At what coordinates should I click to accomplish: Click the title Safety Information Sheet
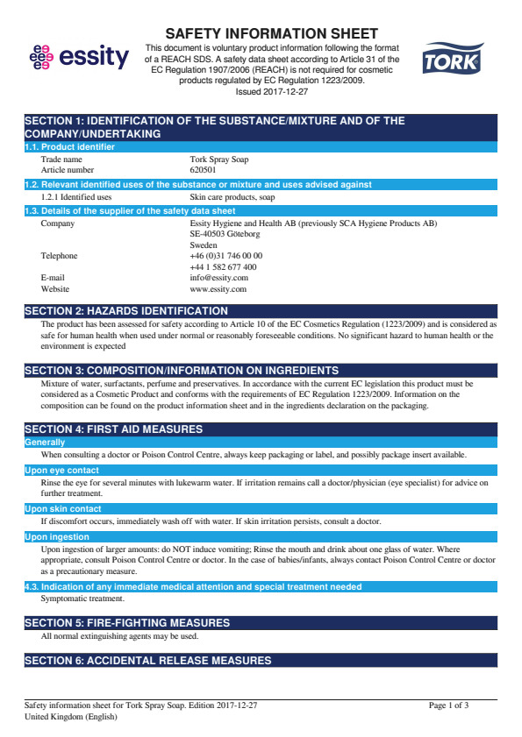[272, 33]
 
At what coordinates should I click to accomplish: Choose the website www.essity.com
[218, 288]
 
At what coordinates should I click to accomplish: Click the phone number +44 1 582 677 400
[223, 267]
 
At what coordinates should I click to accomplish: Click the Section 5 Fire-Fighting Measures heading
[126, 623]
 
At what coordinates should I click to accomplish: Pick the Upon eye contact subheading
[61, 471]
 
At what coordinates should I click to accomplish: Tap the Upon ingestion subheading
[56, 537]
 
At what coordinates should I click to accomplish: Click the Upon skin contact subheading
[62, 509]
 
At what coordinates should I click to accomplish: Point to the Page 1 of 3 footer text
[448, 705]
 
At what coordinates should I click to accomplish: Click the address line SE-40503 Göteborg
[225, 234]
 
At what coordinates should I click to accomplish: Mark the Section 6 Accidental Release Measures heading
[147, 660]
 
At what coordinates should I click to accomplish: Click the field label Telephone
[59, 256]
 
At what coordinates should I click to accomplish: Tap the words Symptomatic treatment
[82, 599]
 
